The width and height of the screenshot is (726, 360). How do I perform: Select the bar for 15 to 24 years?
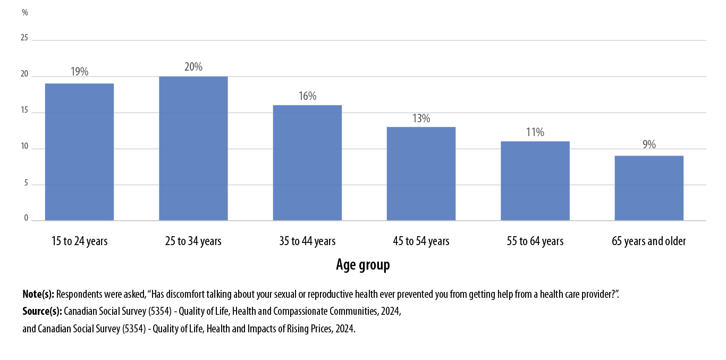pyautogui.click(x=79, y=152)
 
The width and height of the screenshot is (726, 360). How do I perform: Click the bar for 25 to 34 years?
pyautogui.click(x=193, y=148)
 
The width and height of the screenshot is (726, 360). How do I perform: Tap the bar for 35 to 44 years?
pyautogui.click(x=307, y=162)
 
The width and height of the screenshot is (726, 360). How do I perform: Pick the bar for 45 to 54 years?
pyautogui.click(x=421, y=173)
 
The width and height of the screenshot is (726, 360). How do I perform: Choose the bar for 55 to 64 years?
pyautogui.click(x=535, y=181)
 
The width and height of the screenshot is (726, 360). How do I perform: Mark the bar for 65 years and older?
pyautogui.click(x=649, y=188)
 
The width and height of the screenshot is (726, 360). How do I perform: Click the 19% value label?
pyautogui.click(x=79, y=71)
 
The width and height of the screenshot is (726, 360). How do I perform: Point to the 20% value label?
pyautogui.click(x=193, y=67)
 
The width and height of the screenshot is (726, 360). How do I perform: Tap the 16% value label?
pyautogui.click(x=307, y=96)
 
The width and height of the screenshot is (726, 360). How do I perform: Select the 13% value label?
pyautogui.click(x=421, y=118)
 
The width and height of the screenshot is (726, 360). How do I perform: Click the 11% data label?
pyautogui.click(x=535, y=132)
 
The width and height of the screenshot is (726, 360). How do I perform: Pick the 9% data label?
pyautogui.click(x=649, y=144)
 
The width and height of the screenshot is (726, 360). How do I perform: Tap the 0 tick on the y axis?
pyautogui.click(x=26, y=219)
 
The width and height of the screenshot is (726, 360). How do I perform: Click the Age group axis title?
pyautogui.click(x=363, y=265)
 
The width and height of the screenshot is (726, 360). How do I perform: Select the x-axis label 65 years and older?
pyautogui.click(x=649, y=241)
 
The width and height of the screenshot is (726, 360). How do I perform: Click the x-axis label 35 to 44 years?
pyautogui.click(x=307, y=241)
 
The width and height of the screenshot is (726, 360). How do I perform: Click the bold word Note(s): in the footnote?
pyautogui.click(x=38, y=294)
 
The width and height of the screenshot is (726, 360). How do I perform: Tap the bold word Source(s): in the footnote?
pyautogui.click(x=42, y=312)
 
